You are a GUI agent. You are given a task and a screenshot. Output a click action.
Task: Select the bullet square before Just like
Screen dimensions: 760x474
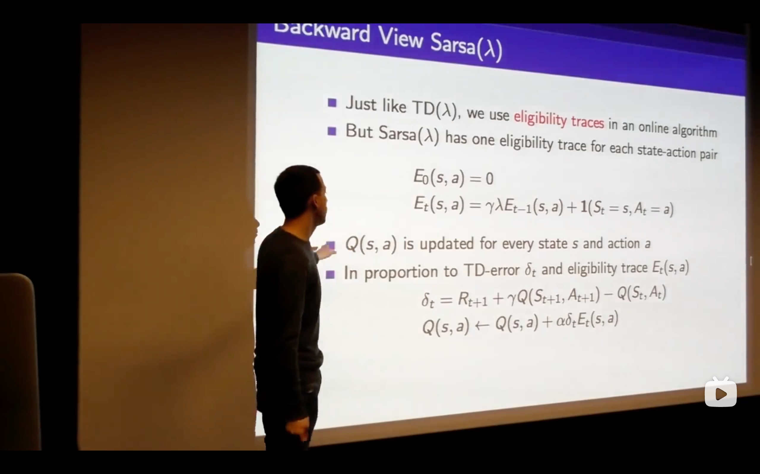[x=332, y=103]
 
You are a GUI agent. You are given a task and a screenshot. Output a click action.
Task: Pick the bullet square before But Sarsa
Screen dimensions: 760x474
[x=332, y=131]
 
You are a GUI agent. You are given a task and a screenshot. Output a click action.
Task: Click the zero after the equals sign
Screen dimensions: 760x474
[x=490, y=179]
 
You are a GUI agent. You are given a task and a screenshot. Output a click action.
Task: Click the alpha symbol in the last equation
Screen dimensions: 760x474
[x=561, y=322]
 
